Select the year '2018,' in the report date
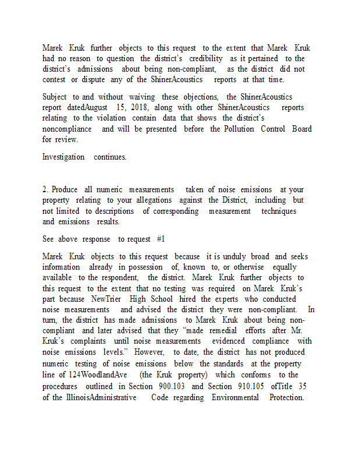(136, 107)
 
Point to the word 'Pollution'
(231, 129)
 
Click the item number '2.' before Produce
(46, 189)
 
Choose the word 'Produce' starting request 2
(65, 189)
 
